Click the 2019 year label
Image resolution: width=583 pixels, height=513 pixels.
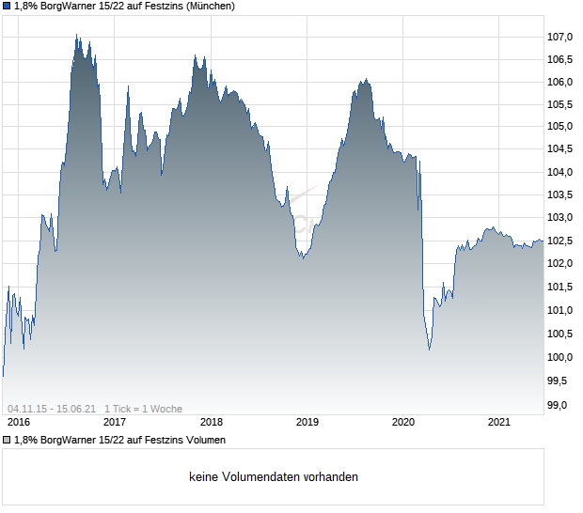(307, 422)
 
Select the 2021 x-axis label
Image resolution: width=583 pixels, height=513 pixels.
(499, 422)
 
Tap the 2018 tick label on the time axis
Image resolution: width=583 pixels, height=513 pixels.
(211, 422)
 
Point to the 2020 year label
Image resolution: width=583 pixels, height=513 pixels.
(403, 422)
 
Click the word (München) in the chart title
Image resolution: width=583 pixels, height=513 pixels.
(209, 6)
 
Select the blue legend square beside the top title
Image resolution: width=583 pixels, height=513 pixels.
(7, 6)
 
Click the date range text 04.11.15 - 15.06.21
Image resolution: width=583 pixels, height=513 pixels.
(52, 409)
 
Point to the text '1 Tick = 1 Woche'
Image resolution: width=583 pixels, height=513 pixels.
(143, 409)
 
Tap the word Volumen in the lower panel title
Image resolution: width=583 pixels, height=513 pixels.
(203, 440)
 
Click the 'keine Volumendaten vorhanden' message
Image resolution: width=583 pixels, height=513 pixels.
(274, 476)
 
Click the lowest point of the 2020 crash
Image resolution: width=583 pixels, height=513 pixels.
(430, 350)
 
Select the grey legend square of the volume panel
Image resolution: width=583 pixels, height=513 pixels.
(7, 440)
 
